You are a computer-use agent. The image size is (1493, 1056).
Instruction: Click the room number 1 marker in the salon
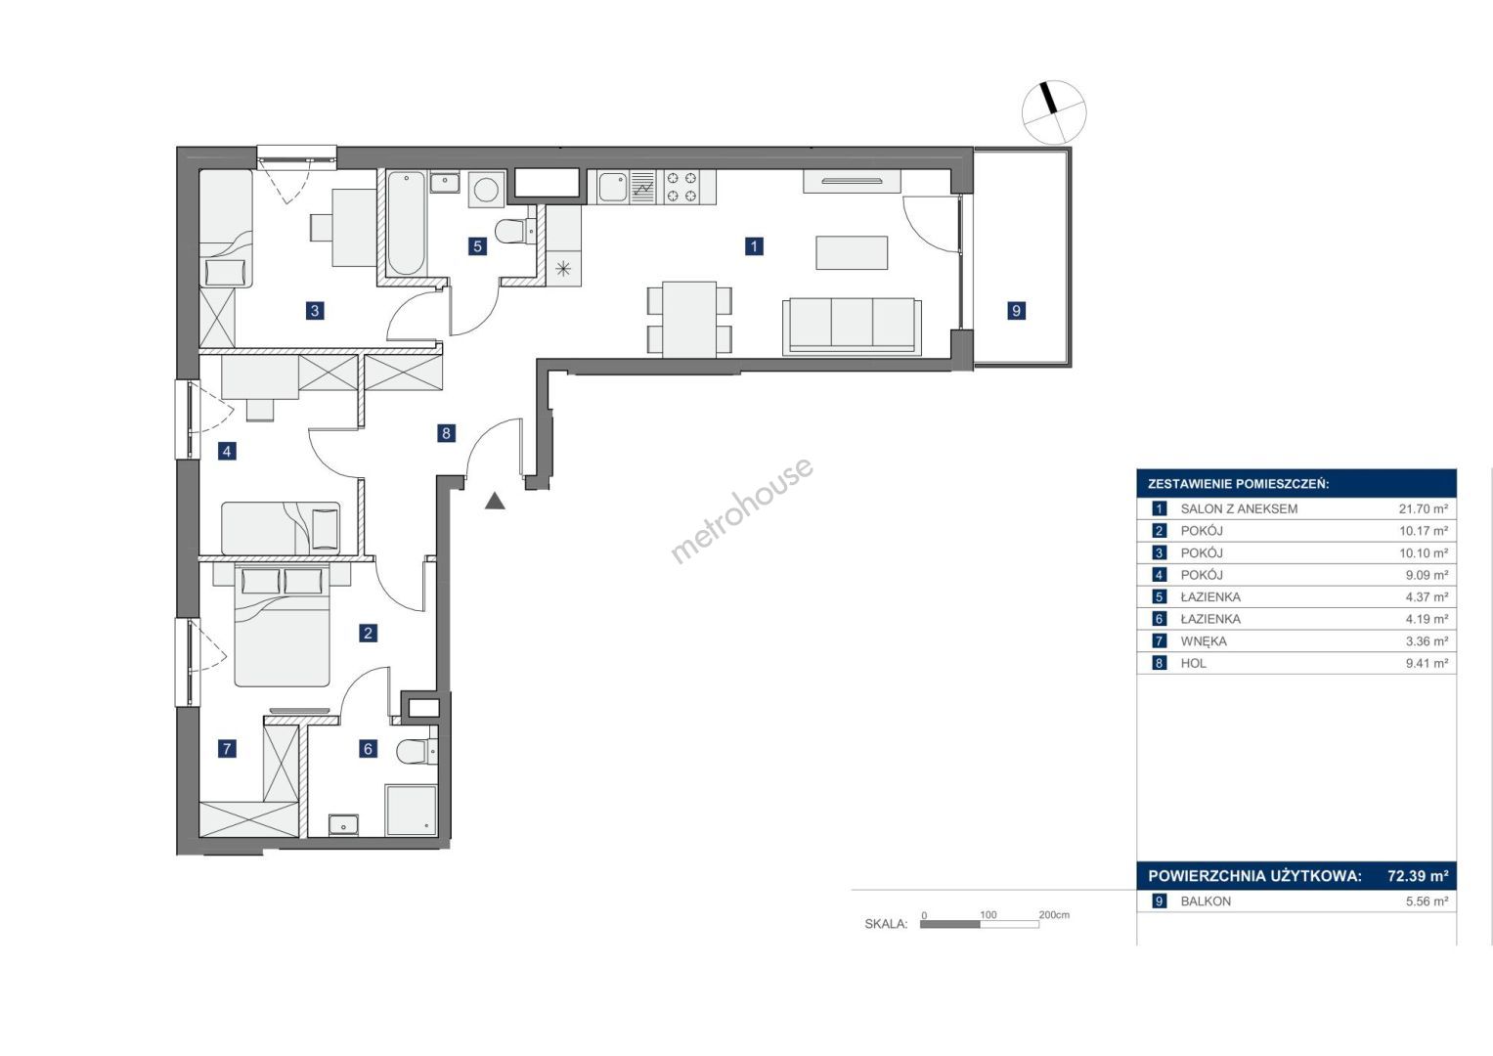[x=754, y=246]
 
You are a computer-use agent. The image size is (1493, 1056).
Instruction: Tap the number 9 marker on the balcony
[x=1016, y=310]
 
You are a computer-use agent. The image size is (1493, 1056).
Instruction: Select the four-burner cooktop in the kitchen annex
[x=681, y=187]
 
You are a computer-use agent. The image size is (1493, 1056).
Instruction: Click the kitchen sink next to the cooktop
[x=612, y=187]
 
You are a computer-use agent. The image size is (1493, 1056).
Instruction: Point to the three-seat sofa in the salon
[x=852, y=327]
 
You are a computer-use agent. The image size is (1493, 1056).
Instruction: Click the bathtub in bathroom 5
[x=407, y=223]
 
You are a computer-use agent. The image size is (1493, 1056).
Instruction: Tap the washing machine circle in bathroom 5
[x=487, y=190]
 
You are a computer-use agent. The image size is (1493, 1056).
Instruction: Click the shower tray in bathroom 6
[x=411, y=810]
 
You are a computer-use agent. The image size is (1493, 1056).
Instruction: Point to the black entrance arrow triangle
[x=495, y=502]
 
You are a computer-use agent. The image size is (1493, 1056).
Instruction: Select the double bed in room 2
[x=282, y=626]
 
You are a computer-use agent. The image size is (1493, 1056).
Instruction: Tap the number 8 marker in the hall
[x=446, y=433]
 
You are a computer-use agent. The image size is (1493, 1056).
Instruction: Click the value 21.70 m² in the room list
[x=1424, y=508]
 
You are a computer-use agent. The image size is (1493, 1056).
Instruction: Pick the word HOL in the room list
[x=1193, y=663]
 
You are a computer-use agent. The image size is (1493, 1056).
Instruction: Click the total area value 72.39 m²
[x=1418, y=875]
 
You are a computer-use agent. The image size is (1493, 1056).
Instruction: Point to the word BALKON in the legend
[x=1206, y=902]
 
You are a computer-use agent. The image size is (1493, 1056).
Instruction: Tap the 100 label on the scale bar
[x=988, y=914]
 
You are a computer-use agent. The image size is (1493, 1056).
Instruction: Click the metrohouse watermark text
[x=742, y=509]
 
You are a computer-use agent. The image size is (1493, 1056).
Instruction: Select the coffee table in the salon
[x=852, y=252]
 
